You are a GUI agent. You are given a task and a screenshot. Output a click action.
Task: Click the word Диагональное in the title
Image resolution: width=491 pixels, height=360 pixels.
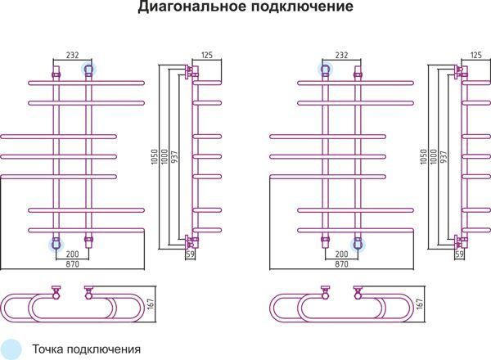pyautogui.click(x=192, y=7)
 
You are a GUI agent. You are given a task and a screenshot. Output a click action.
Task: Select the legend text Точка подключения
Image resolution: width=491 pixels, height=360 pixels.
pyautogui.click(x=87, y=349)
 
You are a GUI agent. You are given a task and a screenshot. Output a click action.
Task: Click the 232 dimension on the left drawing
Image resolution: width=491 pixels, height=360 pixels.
pyautogui.click(x=72, y=55)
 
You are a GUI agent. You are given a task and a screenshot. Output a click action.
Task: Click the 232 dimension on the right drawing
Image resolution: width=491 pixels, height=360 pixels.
pyautogui.click(x=341, y=55)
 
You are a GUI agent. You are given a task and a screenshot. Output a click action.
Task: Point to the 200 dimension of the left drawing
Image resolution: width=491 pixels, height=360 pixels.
pyautogui.click(x=72, y=254)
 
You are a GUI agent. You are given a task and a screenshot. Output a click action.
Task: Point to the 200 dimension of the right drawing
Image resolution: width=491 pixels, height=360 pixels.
pyautogui.click(x=341, y=254)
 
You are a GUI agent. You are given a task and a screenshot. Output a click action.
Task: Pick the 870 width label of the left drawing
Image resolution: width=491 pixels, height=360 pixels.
pyautogui.click(x=72, y=264)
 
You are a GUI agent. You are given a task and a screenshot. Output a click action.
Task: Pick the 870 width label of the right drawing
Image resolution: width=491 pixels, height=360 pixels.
pyautogui.click(x=341, y=264)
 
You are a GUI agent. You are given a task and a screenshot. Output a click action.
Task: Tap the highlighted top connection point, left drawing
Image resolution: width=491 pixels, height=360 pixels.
pyautogui.click(x=88, y=70)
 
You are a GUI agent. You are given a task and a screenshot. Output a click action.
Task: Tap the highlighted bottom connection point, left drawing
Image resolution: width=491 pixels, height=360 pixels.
pyautogui.click(x=56, y=245)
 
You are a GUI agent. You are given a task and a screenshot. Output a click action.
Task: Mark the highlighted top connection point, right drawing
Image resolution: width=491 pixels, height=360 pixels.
pyautogui.click(x=326, y=70)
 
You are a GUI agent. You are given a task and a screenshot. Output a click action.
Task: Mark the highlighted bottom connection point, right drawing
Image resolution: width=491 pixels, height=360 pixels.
pyautogui.click(x=358, y=245)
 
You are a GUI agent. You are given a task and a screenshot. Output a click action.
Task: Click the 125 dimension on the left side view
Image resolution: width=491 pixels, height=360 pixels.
pyautogui.click(x=207, y=55)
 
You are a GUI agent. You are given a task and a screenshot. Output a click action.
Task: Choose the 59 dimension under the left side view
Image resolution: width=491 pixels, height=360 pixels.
pyautogui.click(x=190, y=254)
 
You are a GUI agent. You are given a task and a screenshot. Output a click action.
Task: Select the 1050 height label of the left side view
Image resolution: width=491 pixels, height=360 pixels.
pyautogui.click(x=155, y=157)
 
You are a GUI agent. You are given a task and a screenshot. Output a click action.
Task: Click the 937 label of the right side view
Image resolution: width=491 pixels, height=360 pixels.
pyautogui.click(x=444, y=157)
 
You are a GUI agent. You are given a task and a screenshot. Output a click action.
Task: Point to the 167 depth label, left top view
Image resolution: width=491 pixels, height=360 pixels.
pyautogui.click(x=151, y=304)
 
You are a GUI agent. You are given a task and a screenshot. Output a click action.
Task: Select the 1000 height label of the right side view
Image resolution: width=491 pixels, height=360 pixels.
pyautogui.click(x=434, y=157)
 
